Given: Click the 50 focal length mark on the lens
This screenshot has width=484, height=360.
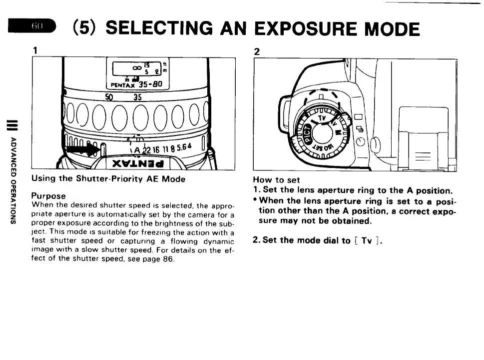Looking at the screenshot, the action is coord(110,97).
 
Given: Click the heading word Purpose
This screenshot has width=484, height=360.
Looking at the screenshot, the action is coord(48,196).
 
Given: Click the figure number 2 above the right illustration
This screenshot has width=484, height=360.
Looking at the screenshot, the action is coord(257,51).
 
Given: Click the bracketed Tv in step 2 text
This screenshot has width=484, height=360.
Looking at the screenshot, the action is coord(367,240).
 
